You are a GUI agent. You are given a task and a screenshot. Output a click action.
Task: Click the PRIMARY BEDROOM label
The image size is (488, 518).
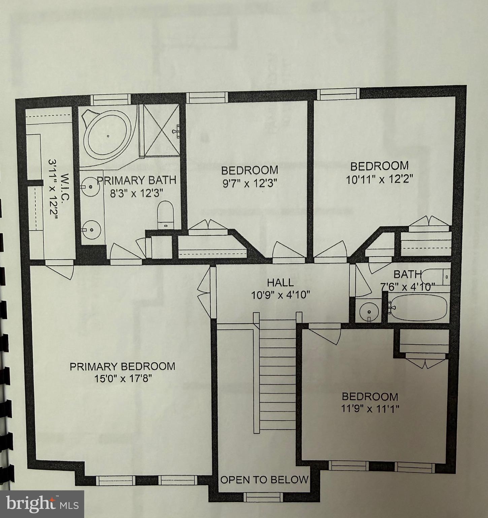pos(122,366)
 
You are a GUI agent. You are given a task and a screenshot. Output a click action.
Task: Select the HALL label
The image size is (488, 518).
pos(280,282)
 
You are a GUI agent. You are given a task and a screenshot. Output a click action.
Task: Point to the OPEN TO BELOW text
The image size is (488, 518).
pos(264,479)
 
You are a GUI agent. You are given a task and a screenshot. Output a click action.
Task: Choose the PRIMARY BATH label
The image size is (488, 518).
pos(136,180)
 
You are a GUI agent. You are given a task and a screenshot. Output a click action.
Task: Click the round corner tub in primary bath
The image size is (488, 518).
pos(107,136)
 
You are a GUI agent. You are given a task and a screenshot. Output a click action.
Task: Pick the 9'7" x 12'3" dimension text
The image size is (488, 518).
pos(249,183)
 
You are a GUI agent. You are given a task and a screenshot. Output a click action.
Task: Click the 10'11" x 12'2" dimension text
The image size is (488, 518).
pos(380,178)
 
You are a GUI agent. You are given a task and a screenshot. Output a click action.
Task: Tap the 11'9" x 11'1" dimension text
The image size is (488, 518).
pos(370,409)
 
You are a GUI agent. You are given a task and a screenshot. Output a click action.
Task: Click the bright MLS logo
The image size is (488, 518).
pos(42,504)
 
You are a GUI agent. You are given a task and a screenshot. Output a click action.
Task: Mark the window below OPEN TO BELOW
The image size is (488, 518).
pos(263,496)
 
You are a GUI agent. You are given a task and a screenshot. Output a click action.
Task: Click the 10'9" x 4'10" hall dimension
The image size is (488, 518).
pos(280,295)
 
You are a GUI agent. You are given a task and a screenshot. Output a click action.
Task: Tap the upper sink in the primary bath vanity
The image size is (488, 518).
pos(91,186)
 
